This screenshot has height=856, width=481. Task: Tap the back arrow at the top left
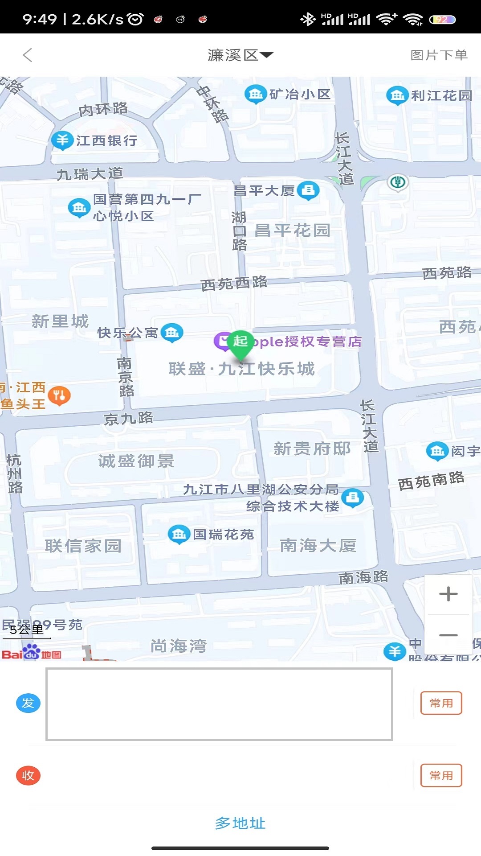pyautogui.click(x=28, y=55)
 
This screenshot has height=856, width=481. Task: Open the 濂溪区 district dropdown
pyautogui.click(x=240, y=55)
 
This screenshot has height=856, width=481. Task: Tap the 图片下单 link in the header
pyautogui.click(x=439, y=55)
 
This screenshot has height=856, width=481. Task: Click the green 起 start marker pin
pyautogui.click(x=240, y=343)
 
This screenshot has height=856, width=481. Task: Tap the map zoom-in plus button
pyautogui.click(x=448, y=594)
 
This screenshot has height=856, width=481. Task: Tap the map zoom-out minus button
pyautogui.click(x=448, y=635)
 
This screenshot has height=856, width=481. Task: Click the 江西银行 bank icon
pyautogui.click(x=62, y=140)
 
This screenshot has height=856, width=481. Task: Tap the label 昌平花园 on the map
pyautogui.click(x=292, y=230)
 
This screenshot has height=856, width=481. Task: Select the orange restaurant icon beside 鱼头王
pyautogui.click(x=59, y=395)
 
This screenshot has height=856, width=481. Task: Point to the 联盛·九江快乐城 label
pyautogui.click(x=242, y=369)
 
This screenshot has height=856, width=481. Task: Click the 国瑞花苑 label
pyautogui.click(x=223, y=534)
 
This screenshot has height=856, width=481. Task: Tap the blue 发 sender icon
pyautogui.click(x=28, y=703)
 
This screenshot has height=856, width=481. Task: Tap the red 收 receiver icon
pyautogui.click(x=28, y=775)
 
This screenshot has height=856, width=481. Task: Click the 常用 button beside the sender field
pyautogui.click(x=441, y=703)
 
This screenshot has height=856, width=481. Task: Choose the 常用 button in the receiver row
pyautogui.click(x=441, y=775)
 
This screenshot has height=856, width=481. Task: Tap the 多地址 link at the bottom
pyautogui.click(x=240, y=823)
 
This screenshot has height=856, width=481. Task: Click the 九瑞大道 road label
pyautogui.click(x=90, y=173)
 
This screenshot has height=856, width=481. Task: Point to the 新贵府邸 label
pyautogui.click(x=312, y=449)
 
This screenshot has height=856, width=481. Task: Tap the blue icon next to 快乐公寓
pyautogui.click(x=172, y=333)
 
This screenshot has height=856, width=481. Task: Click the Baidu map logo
pyautogui.click(x=31, y=653)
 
